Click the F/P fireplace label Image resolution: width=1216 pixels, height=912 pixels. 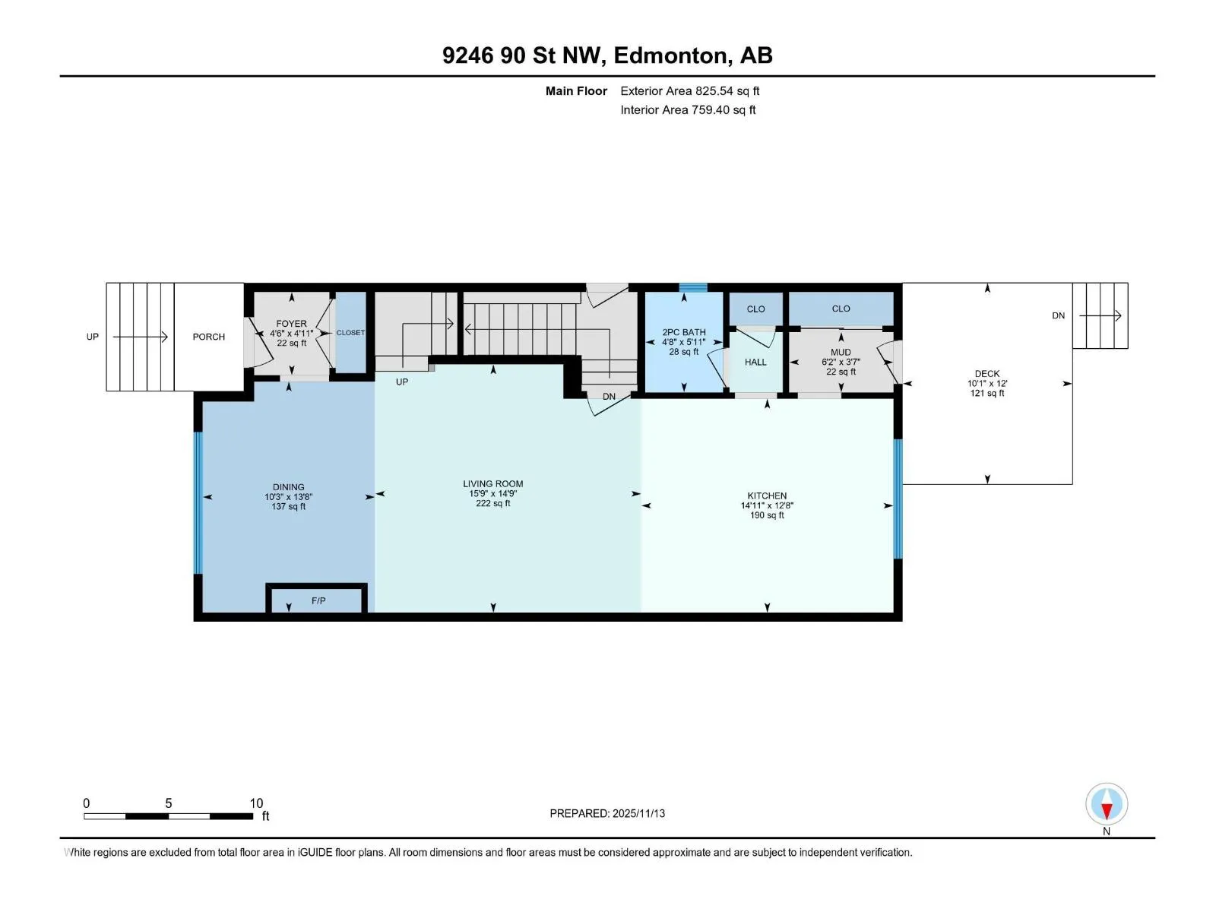click(x=318, y=601)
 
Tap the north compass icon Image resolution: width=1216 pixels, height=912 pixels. click(x=1107, y=803)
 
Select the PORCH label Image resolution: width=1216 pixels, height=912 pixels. click(x=209, y=337)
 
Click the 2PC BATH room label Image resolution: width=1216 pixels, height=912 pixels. click(x=683, y=332)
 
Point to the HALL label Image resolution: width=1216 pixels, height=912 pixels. click(x=755, y=363)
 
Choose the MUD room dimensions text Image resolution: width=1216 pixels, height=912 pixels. click(x=841, y=362)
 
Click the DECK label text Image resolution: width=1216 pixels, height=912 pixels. click(x=986, y=374)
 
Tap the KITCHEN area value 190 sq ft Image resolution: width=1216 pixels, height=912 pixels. click(x=767, y=515)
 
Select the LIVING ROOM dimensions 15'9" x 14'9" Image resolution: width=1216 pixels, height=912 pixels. click(x=492, y=493)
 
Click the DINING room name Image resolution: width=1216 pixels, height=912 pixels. click(x=288, y=487)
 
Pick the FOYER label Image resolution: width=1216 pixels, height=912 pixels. click(x=291, y=324)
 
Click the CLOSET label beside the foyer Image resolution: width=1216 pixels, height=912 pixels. click(x=350, y=333)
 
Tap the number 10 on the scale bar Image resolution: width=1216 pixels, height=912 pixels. click(x=256, y=803)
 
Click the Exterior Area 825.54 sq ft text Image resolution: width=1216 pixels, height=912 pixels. click(x=690, y=90)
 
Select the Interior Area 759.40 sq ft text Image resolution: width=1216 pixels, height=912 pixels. click(x=688, y=109)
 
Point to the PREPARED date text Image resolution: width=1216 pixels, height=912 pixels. click(x=607, y=813)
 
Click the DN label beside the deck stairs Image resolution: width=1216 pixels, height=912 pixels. click(x=1058, y=315)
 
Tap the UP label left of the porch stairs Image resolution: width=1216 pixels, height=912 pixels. click(x=93, y=337)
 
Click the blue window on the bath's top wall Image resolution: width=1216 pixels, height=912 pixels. click(x=693, y=287)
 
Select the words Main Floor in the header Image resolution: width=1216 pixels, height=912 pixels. click(x=576, y=90)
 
